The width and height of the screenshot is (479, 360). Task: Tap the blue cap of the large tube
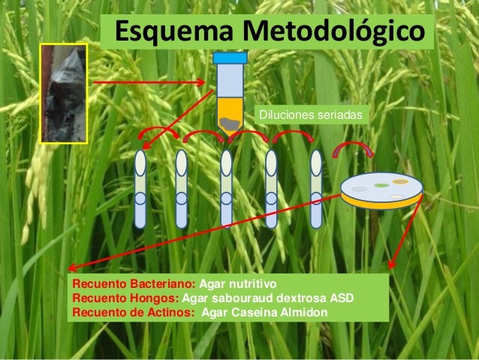(230, 57)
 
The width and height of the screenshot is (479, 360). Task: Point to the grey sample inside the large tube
(230, 121)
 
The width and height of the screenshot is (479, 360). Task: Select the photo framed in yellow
(65, 92)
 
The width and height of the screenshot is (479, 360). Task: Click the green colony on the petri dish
(382, 184)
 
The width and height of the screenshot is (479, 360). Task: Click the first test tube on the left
(140, 189)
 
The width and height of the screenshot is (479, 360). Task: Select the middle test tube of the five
(227, 189)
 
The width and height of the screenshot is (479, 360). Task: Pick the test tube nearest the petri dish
(316, 189)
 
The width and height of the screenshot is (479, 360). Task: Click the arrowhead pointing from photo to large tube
(201, 82)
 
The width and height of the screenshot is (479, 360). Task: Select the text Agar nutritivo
(238, 285)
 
